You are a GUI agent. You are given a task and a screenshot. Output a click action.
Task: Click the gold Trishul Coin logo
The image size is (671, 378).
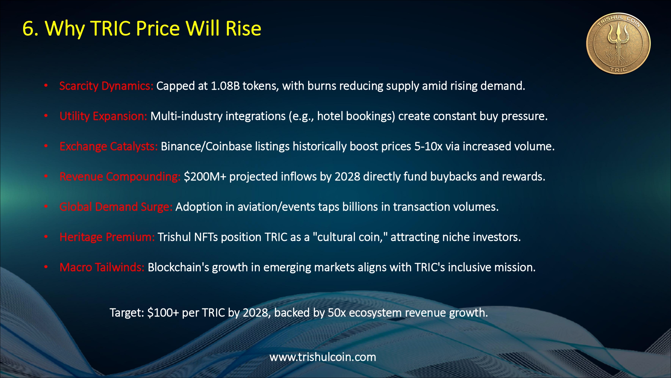coord(618,44)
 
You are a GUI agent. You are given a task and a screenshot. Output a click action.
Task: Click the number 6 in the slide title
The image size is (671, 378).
coord(28,28)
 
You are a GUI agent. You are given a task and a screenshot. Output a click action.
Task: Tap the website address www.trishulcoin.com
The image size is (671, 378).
coord(323,357)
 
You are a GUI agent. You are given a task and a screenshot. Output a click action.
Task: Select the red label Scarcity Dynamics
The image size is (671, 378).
coord(106,86)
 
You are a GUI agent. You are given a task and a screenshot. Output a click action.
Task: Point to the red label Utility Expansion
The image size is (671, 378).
coord(103,116)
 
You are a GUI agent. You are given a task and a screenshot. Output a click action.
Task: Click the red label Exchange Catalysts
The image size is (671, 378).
coord(109,146)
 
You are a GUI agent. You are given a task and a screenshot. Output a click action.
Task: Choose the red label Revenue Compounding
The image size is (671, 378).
coord(120,177)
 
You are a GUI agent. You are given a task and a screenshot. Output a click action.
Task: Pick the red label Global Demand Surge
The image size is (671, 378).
coord(116,207)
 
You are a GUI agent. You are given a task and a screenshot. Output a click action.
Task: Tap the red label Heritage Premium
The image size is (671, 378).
coord(107,237)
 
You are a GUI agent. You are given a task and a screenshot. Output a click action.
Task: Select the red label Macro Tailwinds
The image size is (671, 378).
coord(102,267)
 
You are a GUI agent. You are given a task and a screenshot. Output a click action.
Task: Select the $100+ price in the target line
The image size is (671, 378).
coord(163,313)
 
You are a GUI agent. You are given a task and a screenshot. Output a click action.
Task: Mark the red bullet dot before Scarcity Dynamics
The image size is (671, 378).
coord(46,86)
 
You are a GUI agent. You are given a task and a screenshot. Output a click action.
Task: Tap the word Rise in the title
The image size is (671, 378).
coord(244,28)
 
